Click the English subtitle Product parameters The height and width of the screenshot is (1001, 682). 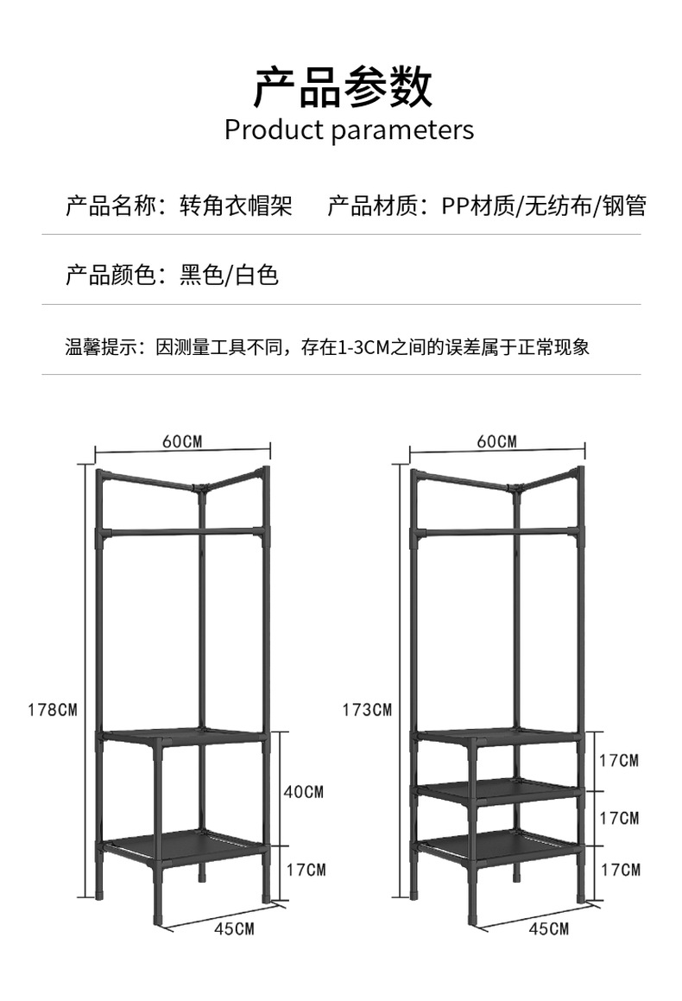tap(349, 130)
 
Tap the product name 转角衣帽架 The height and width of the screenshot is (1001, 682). tap(236, 206)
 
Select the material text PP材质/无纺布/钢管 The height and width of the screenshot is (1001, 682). tap(544, 206)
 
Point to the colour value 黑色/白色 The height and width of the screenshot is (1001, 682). tap(229, 276)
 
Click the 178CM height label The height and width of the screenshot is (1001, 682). tap(53, 711)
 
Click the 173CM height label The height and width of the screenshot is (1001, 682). tap(367, 711)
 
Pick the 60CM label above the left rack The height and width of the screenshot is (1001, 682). tap(181, 441)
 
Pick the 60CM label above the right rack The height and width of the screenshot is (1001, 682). tap(496, 441)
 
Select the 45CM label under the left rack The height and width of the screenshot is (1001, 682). tap(234, 929)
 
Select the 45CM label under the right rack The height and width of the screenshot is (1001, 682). tap(548, 929)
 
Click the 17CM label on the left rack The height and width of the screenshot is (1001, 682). tap(305, 869)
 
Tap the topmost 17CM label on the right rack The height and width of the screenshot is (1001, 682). tap(619, 761)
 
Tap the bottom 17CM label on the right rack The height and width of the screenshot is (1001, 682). tap(619, 869)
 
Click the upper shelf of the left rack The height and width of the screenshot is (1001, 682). tap(183, 736)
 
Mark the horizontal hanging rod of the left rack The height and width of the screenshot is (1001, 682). tap(183, 530)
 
